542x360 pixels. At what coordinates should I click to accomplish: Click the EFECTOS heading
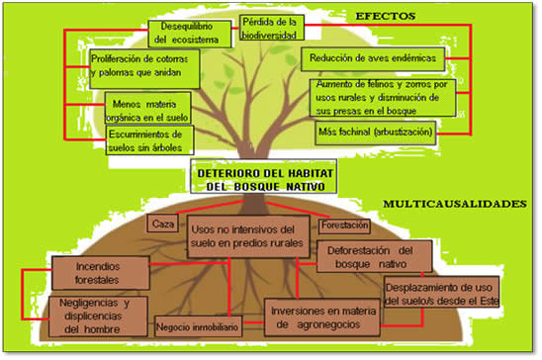(386, 16)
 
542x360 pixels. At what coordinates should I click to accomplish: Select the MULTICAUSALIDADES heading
(455, 204)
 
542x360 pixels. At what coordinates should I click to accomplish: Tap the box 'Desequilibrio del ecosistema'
(190, 34)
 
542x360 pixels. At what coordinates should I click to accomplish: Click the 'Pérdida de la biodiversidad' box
(272, 28)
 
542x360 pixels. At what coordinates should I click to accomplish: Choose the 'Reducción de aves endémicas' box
(373, 59)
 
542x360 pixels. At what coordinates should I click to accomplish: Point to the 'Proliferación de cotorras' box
(144, 69)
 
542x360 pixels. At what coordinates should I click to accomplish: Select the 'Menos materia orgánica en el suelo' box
(148, 108)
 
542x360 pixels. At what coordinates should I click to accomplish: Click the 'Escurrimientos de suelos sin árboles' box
(149, 139)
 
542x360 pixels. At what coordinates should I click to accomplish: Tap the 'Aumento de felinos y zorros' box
(383, 98)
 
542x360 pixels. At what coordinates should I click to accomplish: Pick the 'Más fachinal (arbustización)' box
(376, 133)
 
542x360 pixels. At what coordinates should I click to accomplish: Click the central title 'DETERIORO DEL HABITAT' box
(263, 176)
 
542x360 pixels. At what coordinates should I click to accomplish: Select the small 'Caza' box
(163, 224)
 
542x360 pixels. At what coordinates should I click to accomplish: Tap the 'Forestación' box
(344, 226)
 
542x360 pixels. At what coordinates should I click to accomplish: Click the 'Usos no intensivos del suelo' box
(248, 237)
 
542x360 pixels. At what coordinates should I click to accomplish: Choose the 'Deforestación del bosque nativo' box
(374, 257)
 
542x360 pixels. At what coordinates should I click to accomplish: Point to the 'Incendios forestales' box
(101, 273)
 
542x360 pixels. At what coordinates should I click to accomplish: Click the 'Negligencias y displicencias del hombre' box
(98, 316)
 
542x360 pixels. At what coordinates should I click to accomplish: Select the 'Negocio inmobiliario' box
(198, 326)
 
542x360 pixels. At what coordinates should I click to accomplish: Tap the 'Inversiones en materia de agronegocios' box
(322, 317)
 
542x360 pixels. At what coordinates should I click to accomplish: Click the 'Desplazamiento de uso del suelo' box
(441, 293)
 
